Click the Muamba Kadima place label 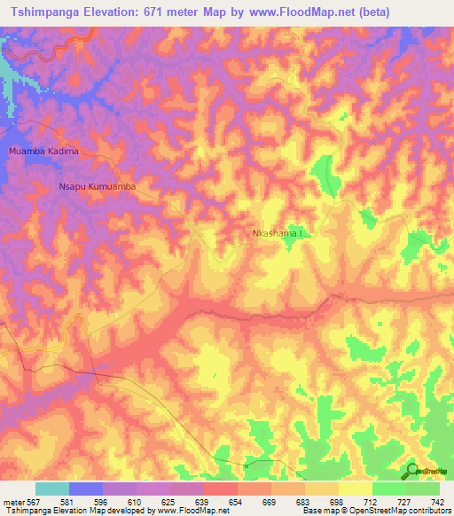43,152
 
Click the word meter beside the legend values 12,502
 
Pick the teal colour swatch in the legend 52,489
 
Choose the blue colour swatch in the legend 86,489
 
